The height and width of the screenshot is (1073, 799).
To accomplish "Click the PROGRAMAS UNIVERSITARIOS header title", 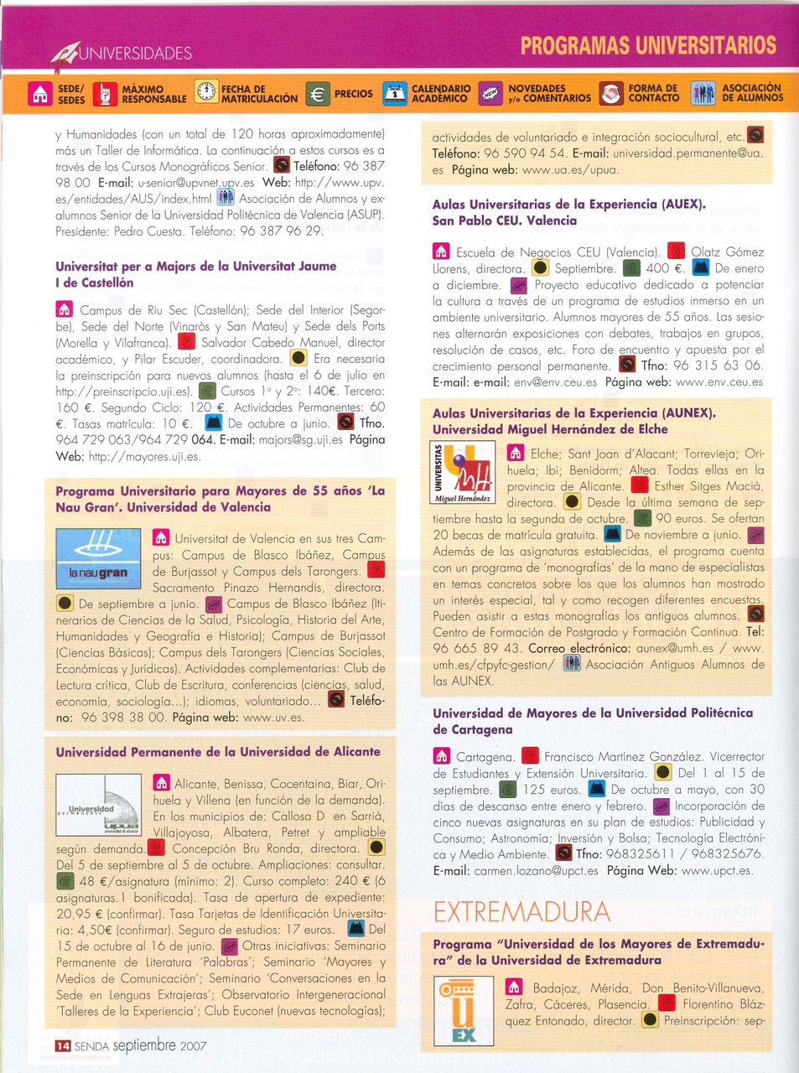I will [x=648, y=45].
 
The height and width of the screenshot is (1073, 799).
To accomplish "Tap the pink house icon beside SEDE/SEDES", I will [x=40, y=94].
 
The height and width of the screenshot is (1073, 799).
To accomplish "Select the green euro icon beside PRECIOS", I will [x=318, y=94].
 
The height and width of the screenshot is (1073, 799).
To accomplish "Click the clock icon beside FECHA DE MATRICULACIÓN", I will [x=205, y=92].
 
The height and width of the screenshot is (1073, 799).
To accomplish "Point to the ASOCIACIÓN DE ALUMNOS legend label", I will [x=752, y=92].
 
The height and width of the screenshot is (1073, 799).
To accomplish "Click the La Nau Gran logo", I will [x=98, y=558].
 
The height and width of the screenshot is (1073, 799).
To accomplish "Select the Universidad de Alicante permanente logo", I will [x=98, y=806].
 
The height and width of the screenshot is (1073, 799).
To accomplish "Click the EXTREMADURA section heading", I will [x=521, y=911].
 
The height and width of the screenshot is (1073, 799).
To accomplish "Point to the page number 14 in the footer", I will [x=63, y=1045].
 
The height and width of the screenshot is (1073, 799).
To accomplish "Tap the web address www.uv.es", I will [x=273, y=718].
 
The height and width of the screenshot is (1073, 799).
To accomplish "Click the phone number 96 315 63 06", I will [x=718, y=365].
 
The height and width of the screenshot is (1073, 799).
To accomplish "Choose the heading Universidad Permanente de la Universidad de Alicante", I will [x=218, y=752].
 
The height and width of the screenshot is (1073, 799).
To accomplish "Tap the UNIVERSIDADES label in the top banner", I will [x=135, y=54].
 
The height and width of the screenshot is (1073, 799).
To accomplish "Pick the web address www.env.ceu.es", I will [x=719, y=381].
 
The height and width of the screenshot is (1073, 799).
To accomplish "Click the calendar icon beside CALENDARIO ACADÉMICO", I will [x=394, y=94].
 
